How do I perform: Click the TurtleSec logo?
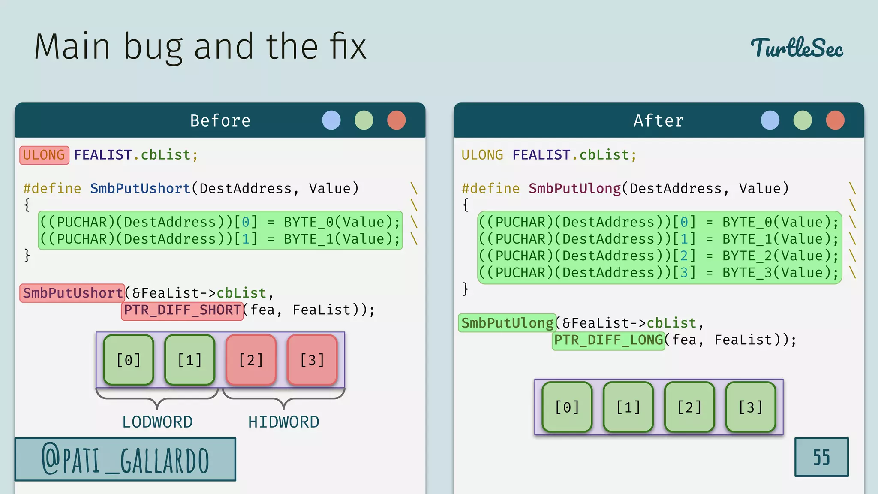797,48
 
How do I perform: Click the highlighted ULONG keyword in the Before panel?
44,155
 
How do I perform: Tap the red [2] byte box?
251,360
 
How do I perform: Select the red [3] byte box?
312,360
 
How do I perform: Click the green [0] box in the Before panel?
129,360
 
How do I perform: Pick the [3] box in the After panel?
751,407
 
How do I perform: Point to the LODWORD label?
157,422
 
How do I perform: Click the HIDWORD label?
283,422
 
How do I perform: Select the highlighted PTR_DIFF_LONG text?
608,340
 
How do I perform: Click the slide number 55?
821,457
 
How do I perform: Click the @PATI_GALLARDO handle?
125,459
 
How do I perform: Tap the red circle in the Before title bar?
396,120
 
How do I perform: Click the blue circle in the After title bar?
770,120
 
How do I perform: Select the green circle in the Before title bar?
364,120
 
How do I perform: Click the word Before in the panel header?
220,120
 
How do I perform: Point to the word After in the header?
658,120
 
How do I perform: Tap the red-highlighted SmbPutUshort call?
72,293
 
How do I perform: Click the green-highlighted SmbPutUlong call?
507,323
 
